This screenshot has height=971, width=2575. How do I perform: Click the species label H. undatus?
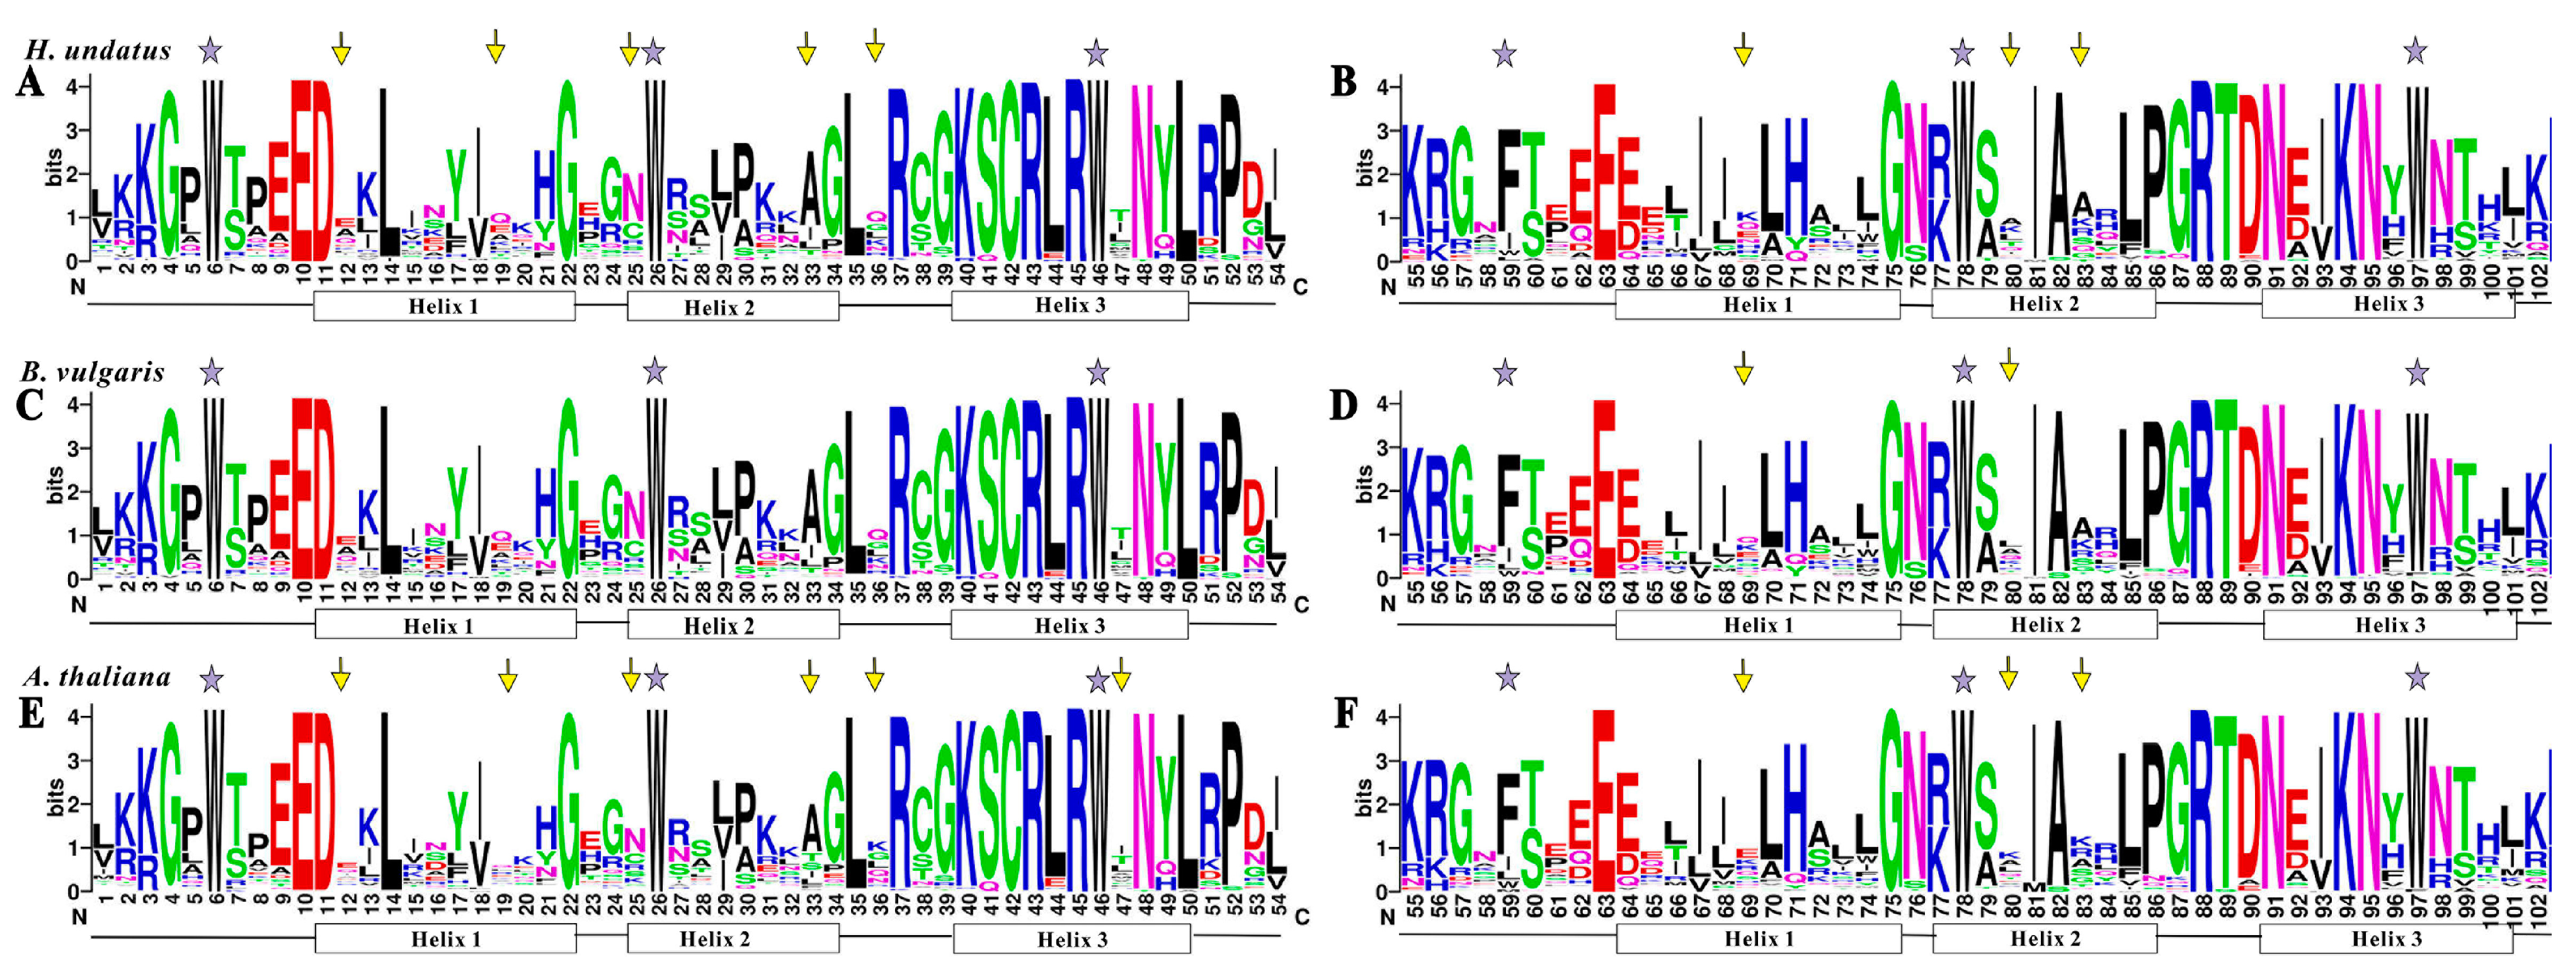[98, 50]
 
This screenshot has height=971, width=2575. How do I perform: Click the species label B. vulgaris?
[92, 372]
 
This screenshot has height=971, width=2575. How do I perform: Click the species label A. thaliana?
[97, 677]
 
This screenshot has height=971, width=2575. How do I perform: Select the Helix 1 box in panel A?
[444, 306]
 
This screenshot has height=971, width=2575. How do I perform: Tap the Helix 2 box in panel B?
[2043, 304]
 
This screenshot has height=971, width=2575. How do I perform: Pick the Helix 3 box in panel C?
[1070, 626]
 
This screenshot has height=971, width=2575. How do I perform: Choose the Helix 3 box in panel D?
[2390, 625]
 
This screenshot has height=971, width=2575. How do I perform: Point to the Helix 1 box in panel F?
[1758, 938]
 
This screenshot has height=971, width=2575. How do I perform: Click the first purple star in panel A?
[210, 50]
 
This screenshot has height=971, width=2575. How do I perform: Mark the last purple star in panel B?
[2415, 50]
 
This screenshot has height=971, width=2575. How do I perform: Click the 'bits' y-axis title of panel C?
[54, 486]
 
